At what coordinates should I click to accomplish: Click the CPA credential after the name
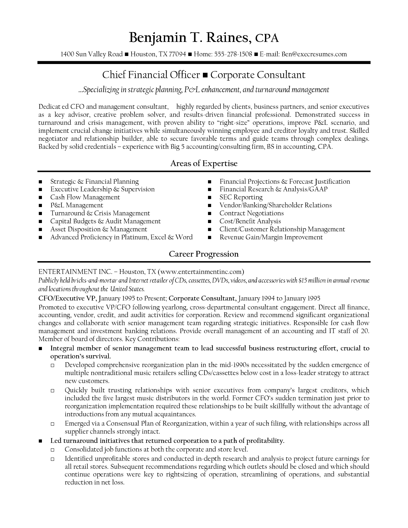[x=267, y=38]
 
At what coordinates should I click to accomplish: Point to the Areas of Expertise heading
[x=204, y=164]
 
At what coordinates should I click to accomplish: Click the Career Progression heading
[x=204, y=254]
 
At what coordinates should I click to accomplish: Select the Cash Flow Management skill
[x=85, y=197]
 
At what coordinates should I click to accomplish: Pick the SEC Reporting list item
[x=241, y=197]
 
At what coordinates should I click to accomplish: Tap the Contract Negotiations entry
[x=252, y=213]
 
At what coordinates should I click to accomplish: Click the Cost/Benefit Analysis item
[x=250, y=221]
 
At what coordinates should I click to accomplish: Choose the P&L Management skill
[x=76, y=205]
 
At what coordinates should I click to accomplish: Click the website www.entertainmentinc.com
[x=201, y=272]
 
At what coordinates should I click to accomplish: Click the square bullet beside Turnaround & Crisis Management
[x=40, y=214]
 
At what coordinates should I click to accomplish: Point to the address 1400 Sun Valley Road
[x=92, y=54]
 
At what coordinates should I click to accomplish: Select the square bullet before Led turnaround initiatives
[x=40, y=441]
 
